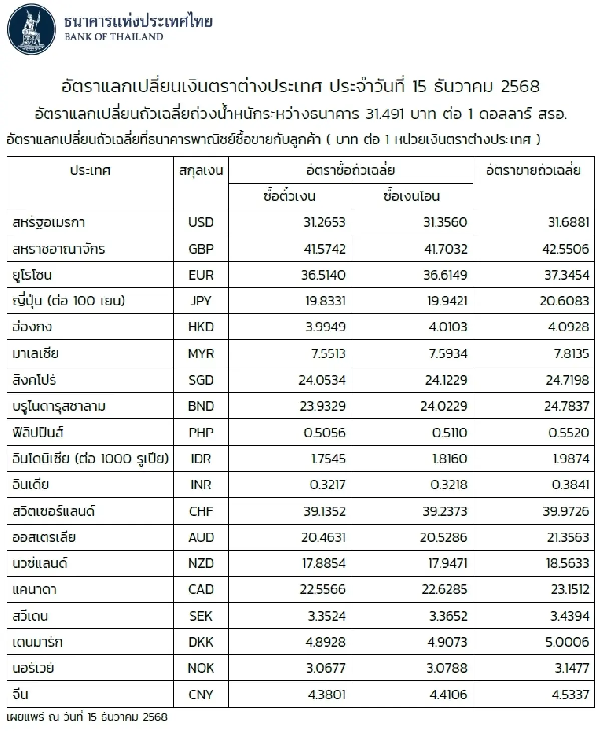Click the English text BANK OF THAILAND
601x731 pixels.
[114, 37]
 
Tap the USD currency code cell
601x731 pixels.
[201, 222]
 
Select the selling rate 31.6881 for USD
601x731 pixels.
[568, 222]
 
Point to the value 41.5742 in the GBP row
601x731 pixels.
[324, 249]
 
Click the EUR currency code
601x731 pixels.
[201, 275]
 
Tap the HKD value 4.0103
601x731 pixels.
[448, 327]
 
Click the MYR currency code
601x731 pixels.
[201, 354]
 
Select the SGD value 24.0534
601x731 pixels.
[322, 380]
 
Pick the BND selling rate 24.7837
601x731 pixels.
[566, 406]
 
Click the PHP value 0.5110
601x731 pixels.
[450, 433]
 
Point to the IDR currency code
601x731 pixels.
[201, 459]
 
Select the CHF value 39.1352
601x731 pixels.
[324, 511]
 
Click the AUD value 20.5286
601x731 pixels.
[444, 537]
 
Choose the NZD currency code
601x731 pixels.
[201, 563]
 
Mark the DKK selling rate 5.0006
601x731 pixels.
[568, 642]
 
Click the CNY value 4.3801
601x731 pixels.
[327, 694]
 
